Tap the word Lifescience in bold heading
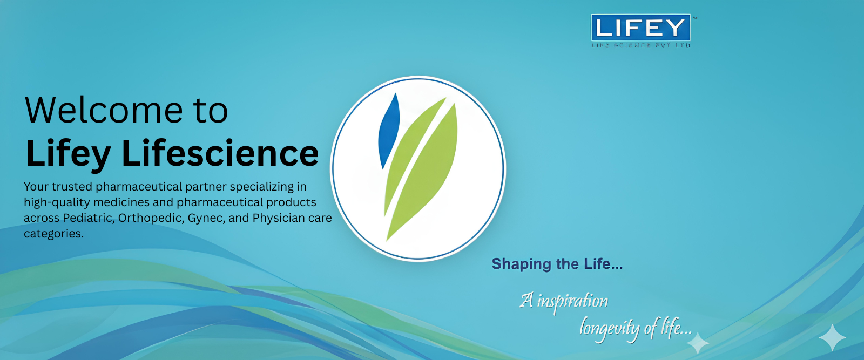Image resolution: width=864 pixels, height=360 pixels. (220, 154)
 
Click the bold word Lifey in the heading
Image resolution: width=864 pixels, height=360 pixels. (68, 154)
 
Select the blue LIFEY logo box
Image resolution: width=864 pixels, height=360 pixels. (640, 28)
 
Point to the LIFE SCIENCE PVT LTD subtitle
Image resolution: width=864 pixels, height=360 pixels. (640, 46)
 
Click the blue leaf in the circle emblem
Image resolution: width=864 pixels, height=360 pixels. (388, 130)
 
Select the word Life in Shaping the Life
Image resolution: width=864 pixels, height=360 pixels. (597, 264)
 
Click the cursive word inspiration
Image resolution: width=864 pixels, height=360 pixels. (572, 301)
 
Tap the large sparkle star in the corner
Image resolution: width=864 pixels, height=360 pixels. (832, 338)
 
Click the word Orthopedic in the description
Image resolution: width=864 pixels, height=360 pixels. (150, 218)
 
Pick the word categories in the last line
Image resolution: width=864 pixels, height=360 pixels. (53, 234)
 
